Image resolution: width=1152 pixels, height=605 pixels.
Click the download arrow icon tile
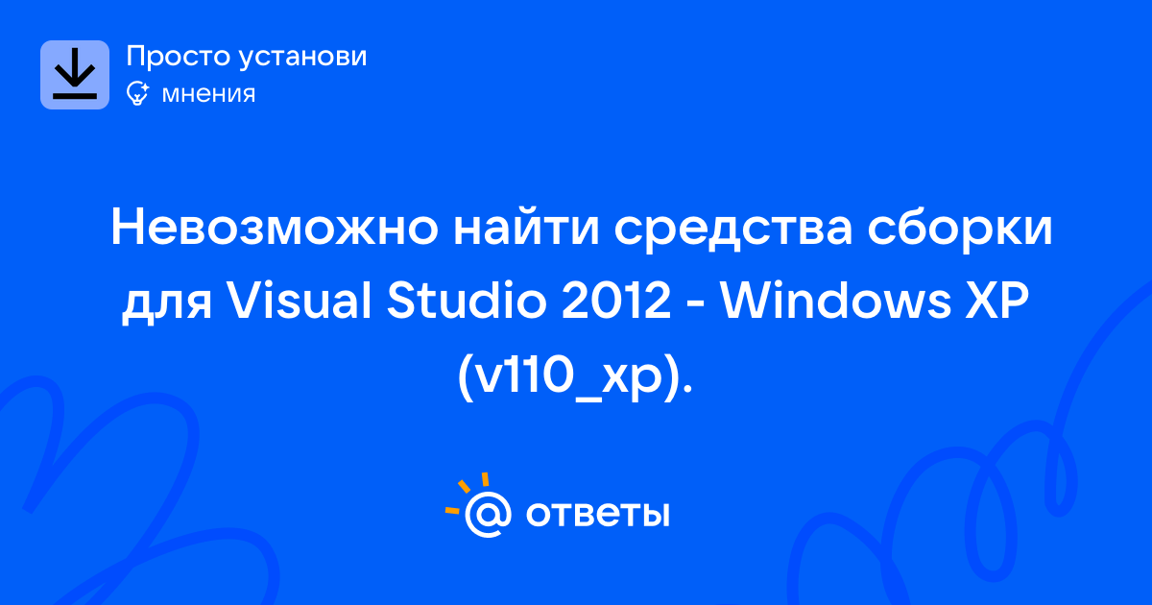(x=75, y=75)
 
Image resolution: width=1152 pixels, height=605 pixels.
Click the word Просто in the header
(x=179, y=57)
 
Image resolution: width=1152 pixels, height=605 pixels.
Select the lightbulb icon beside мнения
(x=138, y=93)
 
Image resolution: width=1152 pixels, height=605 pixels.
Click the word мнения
(x=208, y=94)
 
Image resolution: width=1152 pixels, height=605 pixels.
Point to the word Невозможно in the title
(x=275, y=228)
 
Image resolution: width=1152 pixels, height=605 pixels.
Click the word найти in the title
(x=526, y=227)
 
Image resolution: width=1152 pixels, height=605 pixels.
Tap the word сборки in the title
(x=960, y=229)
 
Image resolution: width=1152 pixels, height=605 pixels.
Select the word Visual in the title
(x=299, y=301)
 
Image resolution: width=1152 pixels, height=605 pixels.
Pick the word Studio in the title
(x=467, y=301)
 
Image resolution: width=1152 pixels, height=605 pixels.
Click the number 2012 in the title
(x=616, y=301)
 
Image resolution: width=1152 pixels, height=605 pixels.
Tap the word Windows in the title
(x=836, y=301)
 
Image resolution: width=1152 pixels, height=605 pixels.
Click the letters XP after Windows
(x=997, y=301)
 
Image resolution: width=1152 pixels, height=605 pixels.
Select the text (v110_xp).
(x=575, y=377)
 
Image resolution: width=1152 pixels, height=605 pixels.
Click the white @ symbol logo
(x=488, y=515)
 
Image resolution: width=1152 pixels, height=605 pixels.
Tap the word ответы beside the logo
(x=597, y=514)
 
